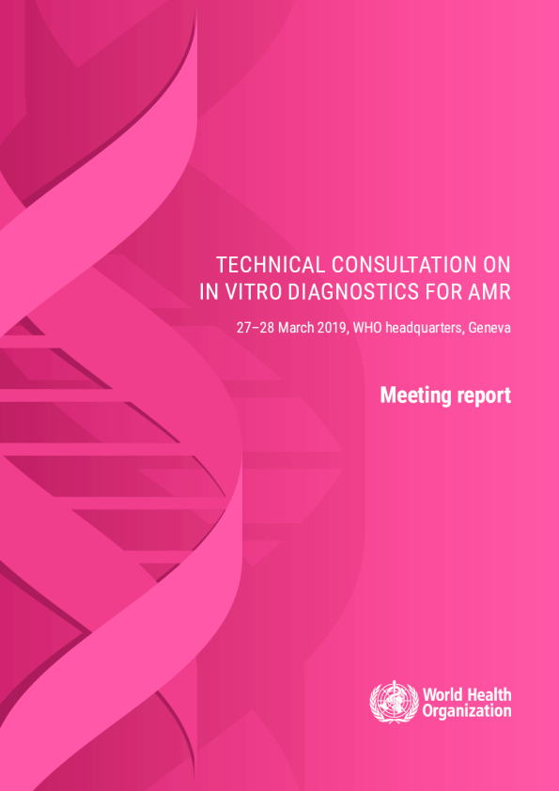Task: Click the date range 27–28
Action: pos(256,328)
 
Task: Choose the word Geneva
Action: pos(489,328)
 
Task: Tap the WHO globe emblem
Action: pos(394,702)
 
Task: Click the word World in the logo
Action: pos(441,694)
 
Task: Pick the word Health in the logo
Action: pos(487,694)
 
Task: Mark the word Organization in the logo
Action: pos(467,711)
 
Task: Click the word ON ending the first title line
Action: pos(496,265)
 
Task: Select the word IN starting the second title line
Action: pos(207,292)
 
